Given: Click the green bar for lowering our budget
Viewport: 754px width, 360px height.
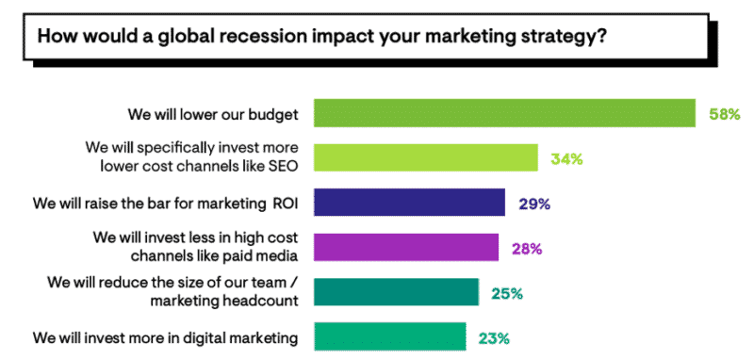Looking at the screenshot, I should coord(504,113).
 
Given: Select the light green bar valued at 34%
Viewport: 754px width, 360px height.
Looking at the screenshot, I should coord(425,157).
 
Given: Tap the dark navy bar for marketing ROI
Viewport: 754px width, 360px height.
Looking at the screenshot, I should coord(408,203).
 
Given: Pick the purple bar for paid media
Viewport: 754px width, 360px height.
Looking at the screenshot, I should coord(405,247).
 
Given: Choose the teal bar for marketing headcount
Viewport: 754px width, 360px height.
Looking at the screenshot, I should coord(396,292).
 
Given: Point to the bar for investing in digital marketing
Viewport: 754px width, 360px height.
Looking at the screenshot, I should coord(389,335).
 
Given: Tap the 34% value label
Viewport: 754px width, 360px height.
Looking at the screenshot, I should coord(565,158).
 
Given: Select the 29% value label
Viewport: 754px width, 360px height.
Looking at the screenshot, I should coord(533,203).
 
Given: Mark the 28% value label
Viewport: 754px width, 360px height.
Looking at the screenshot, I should coord(527,248).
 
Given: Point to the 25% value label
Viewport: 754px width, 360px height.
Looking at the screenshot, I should coord(507,293).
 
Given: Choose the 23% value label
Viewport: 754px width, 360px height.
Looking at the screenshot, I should coord(495,336).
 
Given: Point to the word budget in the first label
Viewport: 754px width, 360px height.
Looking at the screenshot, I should coord(273,114).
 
